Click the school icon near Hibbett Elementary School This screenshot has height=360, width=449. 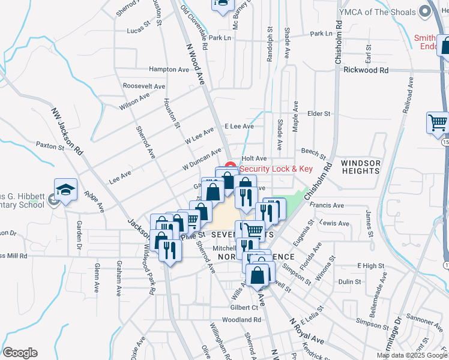tap(65, 190)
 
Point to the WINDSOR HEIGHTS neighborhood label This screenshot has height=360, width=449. tap(361, 167)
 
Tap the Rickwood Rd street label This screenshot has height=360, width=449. tap(366, 70)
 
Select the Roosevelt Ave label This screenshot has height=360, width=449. tap(143, 86)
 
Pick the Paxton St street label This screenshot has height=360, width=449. tap(50, 145)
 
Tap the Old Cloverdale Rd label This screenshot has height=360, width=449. tap(194, 28)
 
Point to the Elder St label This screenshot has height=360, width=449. tap(319, 113)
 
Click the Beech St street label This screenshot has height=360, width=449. tap(313, 154)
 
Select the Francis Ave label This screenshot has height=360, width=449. tap(327, 205)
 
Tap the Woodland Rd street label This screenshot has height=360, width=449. tap(241, 320)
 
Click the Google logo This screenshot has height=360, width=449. tap(20, 353)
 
